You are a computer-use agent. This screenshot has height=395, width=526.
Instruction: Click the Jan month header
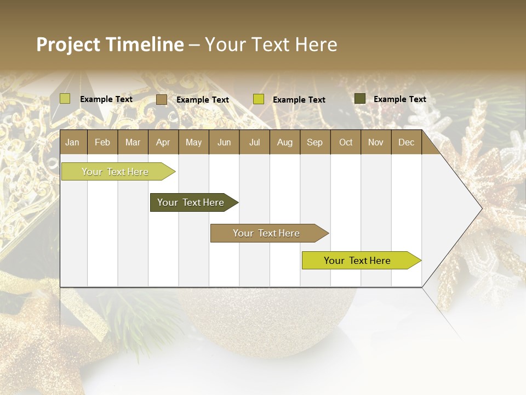click(72, 143)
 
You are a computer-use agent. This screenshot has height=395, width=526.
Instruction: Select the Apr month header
click(163, 143)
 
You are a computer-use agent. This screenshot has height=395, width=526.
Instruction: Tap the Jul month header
click(254, 143)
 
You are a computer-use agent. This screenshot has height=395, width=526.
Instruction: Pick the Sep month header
click(315, 143)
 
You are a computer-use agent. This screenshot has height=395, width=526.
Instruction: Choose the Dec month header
click(406, 143)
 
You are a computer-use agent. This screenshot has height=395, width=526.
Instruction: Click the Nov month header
click(375, 143)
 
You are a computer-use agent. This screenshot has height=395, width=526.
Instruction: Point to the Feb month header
click(102, 143)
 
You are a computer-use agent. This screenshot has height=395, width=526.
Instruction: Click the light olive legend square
click(65, 99)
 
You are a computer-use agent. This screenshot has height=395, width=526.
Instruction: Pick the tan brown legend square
click(162, 99)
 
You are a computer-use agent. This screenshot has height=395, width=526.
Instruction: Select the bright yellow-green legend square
click(259, 99)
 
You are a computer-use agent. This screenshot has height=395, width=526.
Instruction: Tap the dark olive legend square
click(360, 99)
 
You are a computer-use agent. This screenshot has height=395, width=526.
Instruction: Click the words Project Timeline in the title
click(110, 44)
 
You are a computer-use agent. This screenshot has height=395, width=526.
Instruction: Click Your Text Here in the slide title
click(271, 44)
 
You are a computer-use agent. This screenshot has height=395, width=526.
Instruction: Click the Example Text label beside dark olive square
click(399, 99)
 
